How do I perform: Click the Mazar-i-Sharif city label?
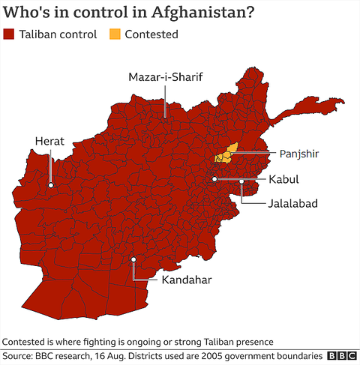[166, 78]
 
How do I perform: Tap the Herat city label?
[50, 141]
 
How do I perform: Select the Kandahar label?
[186, 280]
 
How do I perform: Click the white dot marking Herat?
[51, 184]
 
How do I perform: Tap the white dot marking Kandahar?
[134, 259]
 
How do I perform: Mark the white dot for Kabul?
[214, 179]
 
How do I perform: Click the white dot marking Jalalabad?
[241, 181]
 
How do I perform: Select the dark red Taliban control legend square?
[9, 34]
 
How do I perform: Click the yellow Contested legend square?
[115, 34]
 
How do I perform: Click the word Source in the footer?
[20, 355]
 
